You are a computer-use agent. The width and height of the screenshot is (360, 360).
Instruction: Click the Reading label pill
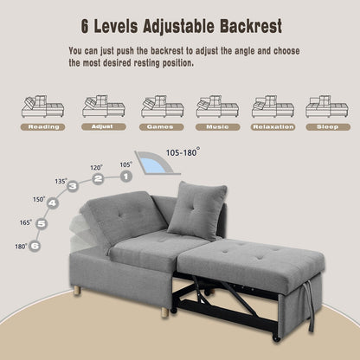42,127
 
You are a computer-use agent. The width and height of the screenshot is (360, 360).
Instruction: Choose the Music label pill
218,127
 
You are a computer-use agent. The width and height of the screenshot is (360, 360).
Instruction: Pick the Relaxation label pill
273,127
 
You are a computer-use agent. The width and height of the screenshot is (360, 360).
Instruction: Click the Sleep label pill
328,127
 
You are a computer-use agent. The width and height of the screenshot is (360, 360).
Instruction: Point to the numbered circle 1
125,177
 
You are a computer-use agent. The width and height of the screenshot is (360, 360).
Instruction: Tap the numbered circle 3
73,186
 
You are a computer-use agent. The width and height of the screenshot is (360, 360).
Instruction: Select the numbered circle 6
35,246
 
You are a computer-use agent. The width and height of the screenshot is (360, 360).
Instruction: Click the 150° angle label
39,199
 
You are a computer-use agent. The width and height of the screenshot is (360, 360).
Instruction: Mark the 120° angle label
96,168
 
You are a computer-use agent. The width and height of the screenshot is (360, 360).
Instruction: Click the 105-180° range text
183,152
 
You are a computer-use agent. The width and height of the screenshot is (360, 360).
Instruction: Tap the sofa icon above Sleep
327,106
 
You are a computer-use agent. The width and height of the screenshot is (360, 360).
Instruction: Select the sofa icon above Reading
42,106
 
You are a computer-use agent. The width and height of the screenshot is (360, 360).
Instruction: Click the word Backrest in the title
251,26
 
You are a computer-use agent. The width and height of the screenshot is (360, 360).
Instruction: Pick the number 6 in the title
85,26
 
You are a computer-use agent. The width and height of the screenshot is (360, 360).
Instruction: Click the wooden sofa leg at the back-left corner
77,291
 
